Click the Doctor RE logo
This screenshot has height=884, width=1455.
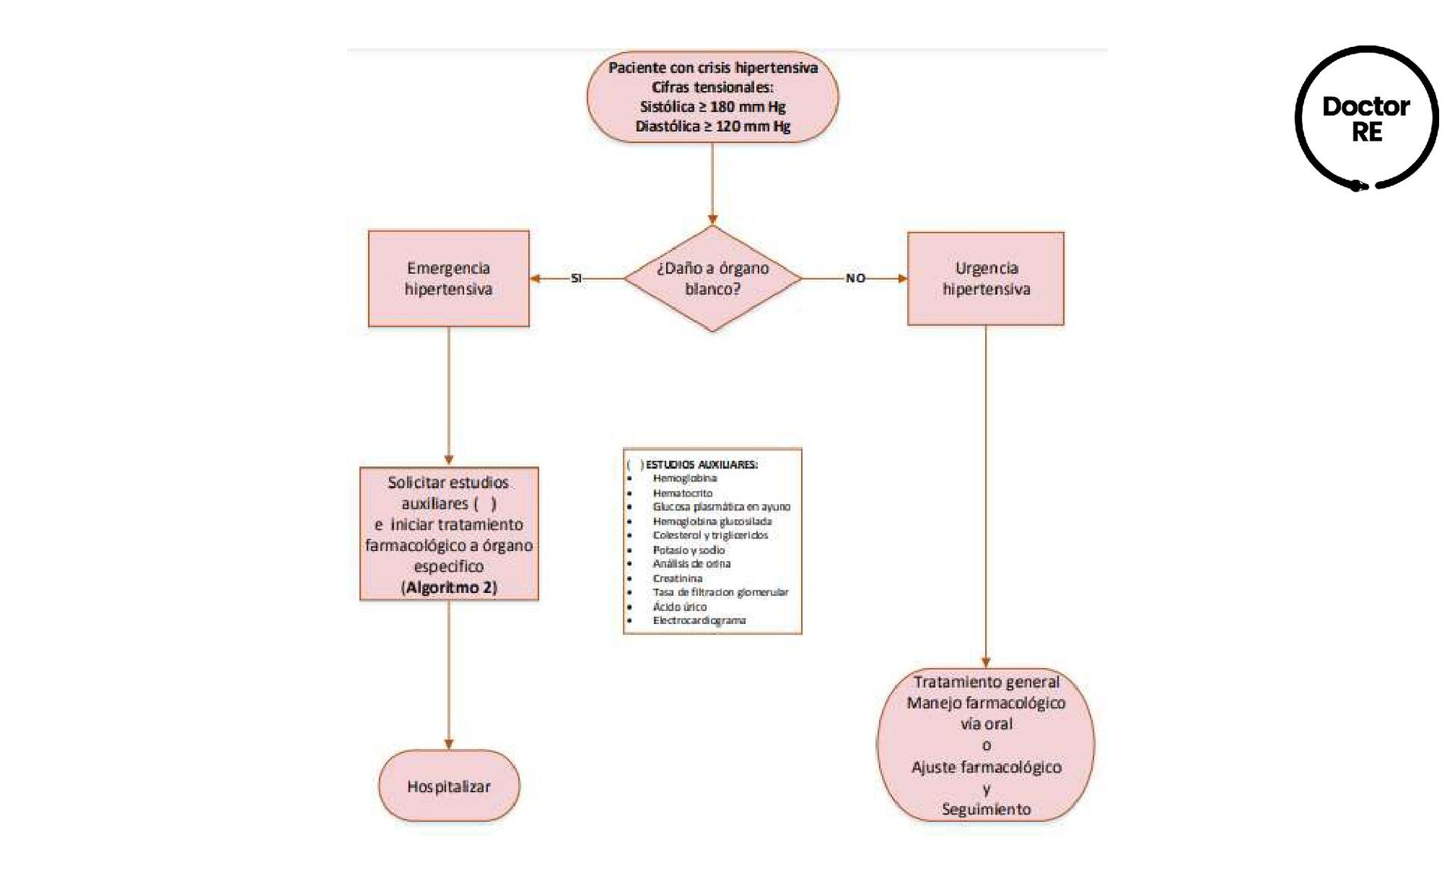1366,118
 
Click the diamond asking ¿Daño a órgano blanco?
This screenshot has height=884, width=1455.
712,278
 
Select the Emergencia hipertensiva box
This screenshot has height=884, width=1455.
449,278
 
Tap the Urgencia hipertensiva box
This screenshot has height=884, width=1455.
985,278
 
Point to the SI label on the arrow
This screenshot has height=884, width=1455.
576,278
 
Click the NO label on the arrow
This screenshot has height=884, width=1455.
856,278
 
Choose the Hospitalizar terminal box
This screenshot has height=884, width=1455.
449,786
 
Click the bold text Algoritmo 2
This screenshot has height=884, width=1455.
449,588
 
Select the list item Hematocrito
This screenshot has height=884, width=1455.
682,493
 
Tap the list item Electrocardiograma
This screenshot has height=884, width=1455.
699,620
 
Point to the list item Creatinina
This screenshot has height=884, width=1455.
677,578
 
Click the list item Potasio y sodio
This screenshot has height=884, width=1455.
688,550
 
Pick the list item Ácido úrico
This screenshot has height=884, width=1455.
679,607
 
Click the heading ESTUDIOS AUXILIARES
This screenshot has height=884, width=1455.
701,465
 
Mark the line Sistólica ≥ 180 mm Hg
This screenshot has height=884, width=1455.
712,107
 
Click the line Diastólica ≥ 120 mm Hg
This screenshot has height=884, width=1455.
712,127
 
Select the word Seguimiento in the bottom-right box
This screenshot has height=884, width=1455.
986,809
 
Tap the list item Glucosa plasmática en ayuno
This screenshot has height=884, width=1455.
721,506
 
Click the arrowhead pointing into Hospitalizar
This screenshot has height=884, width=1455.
449,745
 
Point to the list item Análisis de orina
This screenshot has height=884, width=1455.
691,563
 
